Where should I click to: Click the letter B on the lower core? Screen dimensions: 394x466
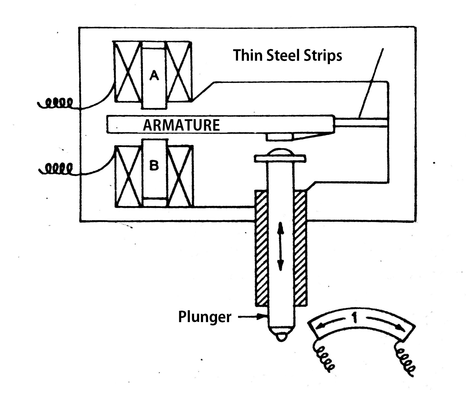(154, 166)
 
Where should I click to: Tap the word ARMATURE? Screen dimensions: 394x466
(181, 125)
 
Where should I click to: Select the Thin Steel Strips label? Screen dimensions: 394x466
(288, 55)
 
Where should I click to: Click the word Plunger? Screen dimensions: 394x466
(205, 317)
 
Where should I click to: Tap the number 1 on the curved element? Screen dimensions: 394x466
(355, 318)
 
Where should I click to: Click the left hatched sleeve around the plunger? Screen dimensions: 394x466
(262, 247)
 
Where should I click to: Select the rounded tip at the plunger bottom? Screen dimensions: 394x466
(281, 337)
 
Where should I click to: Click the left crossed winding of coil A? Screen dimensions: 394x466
(127, 72)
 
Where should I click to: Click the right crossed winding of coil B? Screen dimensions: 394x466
(180, 176)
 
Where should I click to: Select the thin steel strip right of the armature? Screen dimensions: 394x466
(361, 122)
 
